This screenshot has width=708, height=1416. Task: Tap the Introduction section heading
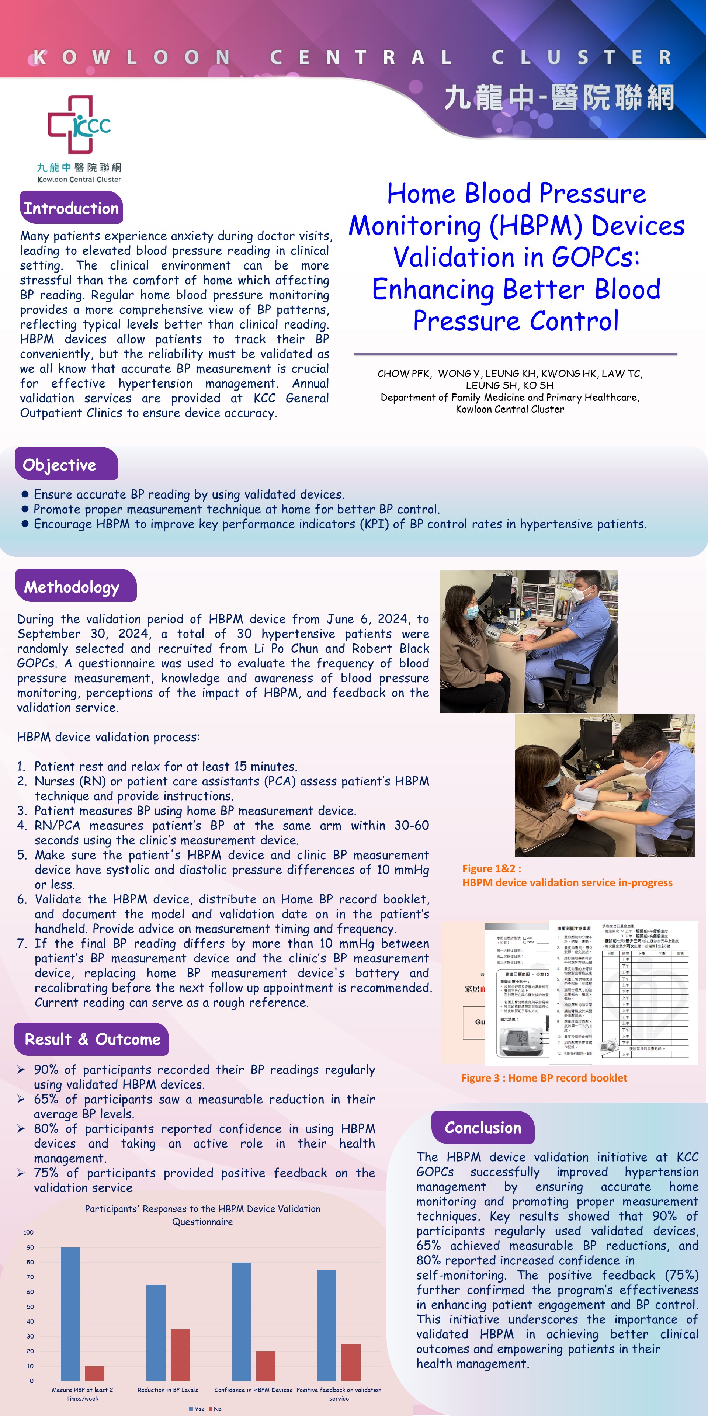pyautogui.click(x=71, y=208)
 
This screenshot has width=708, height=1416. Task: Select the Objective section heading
pyautogui.click(x=59, y=465)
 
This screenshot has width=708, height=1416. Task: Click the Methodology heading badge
pyautogui.click(x=72, y=587)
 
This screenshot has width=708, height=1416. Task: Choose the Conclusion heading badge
pyautogui.click(x=483, y=1127)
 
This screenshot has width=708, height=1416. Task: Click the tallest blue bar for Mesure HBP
pyautogui.click(x=70, y=1314)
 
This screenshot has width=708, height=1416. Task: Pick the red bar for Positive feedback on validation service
pyautogui.click(x=351, y=1362)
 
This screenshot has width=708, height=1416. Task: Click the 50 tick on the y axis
pyautogui.click(x=30, y=1306)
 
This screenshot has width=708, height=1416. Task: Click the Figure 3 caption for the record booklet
pyautogui.click(x=544, y=1078)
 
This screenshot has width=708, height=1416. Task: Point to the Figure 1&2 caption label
pyautogui.click(x=492, y=868)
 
